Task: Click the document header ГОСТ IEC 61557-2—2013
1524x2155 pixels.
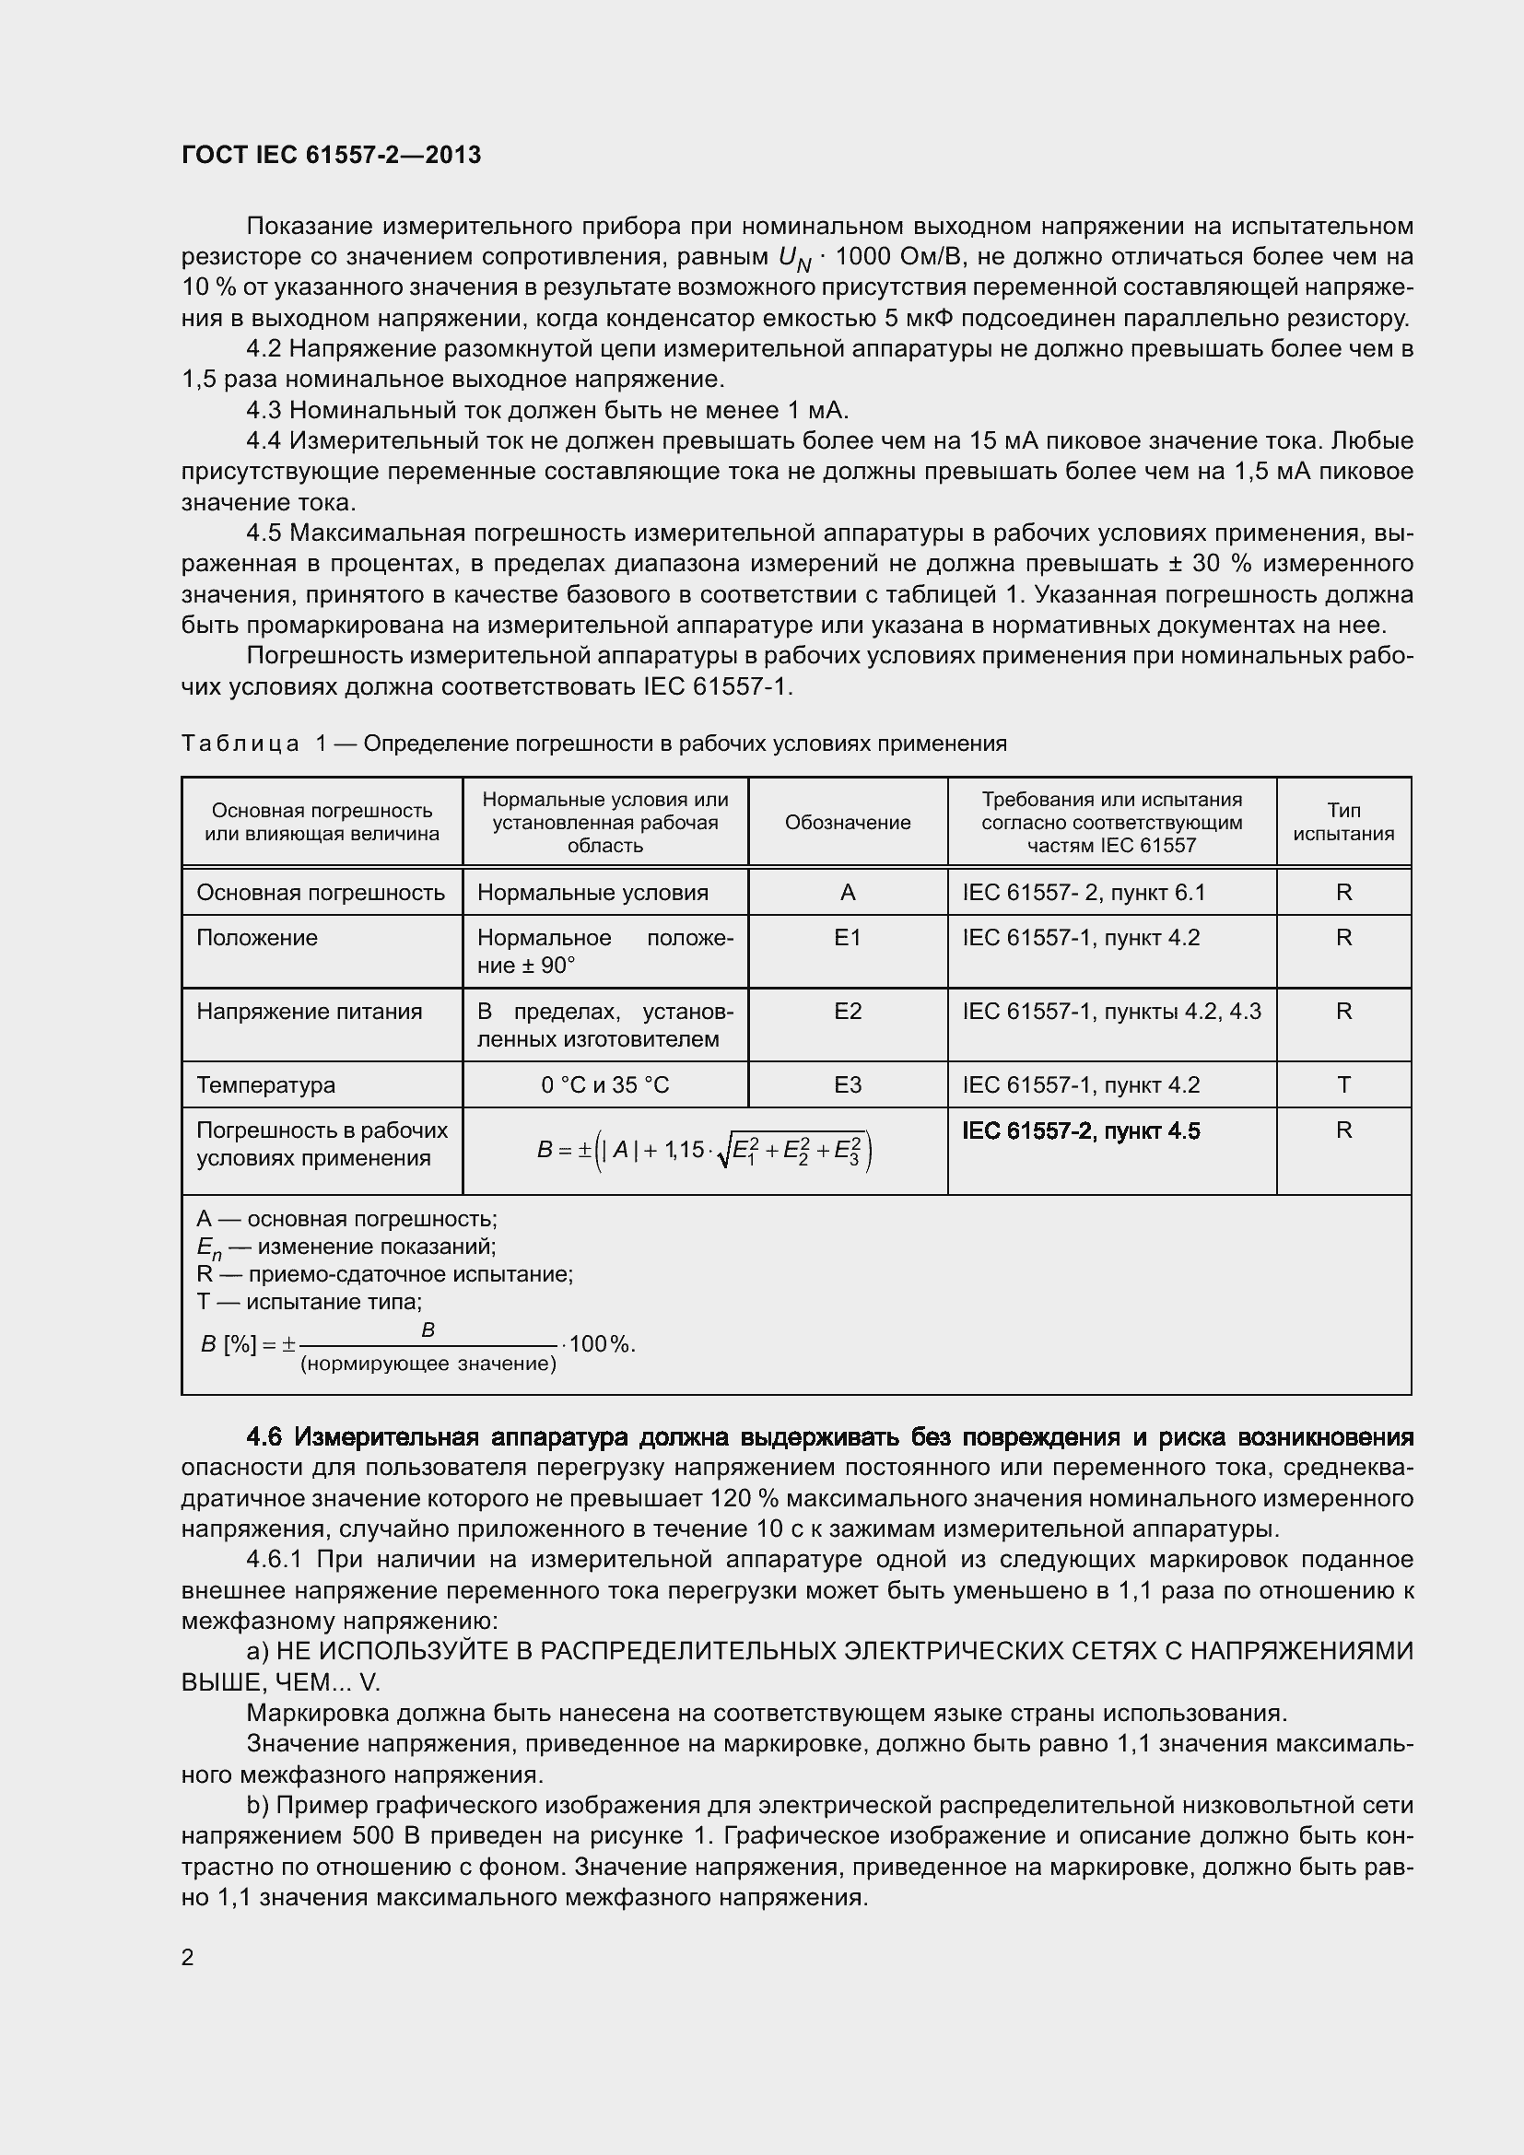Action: click(332, 155)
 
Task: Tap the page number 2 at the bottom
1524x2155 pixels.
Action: click(188, 1956)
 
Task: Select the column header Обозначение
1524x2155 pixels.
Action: click(848, 822)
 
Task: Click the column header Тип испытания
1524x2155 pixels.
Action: click(1342, 822)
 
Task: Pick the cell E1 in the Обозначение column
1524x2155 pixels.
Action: click(848, 938)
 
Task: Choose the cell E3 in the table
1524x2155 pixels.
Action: click(848, 1085)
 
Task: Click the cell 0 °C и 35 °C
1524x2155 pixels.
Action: click(605, 1085)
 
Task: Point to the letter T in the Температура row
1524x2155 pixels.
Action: click(1342, 1085)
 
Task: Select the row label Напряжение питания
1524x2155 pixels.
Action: click(309, 1012)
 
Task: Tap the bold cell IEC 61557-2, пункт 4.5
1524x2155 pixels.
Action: click(1080, 1131)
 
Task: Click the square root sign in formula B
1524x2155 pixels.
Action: click(722, 1153)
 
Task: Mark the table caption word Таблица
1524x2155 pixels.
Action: click(240, 744)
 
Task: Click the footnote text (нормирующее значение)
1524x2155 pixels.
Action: click(428, 1364)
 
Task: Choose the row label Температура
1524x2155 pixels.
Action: click(265, 1085)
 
